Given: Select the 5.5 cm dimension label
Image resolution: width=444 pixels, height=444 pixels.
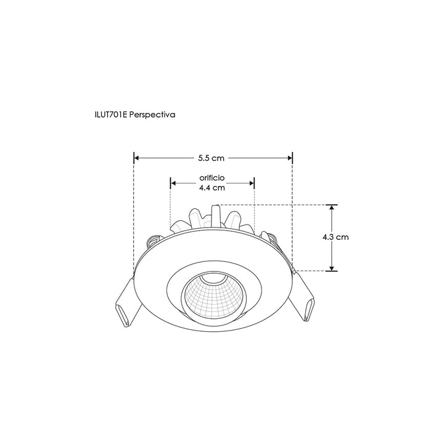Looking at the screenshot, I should (x=212, y=158).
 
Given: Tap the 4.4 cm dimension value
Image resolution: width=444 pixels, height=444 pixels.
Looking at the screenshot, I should (x=212, y=189).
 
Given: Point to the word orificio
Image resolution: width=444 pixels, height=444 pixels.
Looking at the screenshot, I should (x=212, y=178).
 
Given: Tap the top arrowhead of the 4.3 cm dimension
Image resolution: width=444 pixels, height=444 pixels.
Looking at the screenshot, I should (x=332, y=208).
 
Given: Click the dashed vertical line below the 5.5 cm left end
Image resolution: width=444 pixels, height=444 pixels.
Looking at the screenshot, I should (x=134, y=216).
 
